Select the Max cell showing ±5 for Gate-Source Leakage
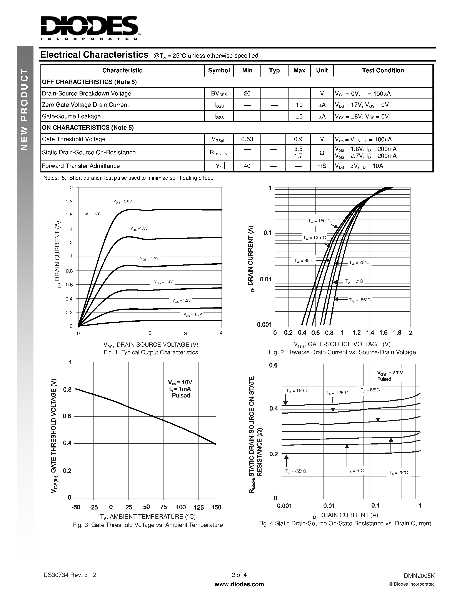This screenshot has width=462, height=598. click(x=299, y=117)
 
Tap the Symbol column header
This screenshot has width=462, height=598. click(x=219, y=70)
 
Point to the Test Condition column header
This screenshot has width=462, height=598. click(x=383, y=70)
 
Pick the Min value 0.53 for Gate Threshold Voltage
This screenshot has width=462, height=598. click(x=247, y=139)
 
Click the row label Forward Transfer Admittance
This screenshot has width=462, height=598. click(x=81, y=166)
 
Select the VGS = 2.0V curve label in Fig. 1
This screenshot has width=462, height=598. click(x=123, y=201)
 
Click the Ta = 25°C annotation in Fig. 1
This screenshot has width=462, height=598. click(x=92, y=214)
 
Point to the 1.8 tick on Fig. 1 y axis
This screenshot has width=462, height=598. click(x=69, y=202)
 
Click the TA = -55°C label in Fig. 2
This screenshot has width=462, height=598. click(x=359, y=300)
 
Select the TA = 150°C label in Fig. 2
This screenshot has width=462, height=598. click(x=319, y=221)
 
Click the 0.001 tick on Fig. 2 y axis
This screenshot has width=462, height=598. click(x=264, y=325)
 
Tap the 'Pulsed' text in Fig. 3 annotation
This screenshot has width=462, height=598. click(x=181, y=396)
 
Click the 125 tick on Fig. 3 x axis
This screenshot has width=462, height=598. click(x=198, y=507)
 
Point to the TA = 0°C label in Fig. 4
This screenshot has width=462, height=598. click(x=355, y=471)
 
